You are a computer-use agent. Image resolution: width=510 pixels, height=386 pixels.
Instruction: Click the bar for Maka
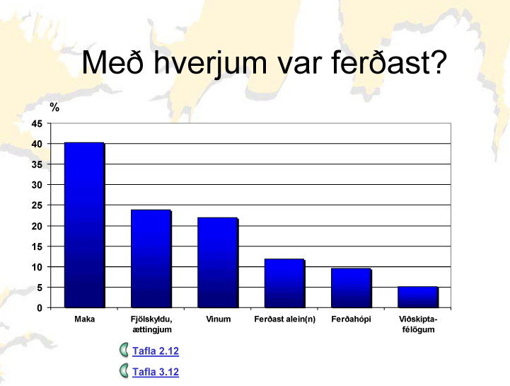tap(84, 225)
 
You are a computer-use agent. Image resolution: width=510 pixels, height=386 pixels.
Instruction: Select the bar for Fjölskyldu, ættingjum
tap(151, 259)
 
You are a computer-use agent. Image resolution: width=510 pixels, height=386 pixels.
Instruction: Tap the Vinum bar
tap(218, 263)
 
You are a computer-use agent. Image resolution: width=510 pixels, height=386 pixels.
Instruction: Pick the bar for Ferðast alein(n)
tap(284, 283)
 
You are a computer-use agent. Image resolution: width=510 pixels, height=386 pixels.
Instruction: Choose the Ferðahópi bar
tap(351, 288)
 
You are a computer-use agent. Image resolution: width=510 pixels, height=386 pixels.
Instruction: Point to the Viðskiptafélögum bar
tap(417, 297)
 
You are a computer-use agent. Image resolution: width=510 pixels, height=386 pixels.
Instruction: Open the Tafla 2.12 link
tap(156, 351)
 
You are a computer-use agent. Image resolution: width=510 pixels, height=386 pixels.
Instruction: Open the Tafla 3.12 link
tap(156, 372)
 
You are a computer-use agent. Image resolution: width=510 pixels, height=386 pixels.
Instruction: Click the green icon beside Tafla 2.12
tap(124, 351)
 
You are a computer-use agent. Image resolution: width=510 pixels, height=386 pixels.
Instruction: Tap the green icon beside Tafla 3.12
tap(124, 371)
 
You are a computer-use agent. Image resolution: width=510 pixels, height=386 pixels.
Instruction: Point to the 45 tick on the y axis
tap(37, 124)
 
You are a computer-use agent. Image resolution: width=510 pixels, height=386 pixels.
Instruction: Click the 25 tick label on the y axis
tap(37, 205)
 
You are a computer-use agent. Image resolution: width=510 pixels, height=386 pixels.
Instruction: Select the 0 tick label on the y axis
tap(40, 308)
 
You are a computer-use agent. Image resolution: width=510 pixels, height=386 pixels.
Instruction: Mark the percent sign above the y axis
tap(54, 107)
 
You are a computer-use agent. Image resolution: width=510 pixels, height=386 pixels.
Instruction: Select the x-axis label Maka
tap(85, 319)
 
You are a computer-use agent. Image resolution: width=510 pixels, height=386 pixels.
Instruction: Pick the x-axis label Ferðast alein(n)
tap(285, 319)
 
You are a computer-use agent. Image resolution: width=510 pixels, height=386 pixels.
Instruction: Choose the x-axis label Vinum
tap(219, 319)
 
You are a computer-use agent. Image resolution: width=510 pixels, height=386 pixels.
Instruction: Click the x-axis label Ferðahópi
tap(352, 319)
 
